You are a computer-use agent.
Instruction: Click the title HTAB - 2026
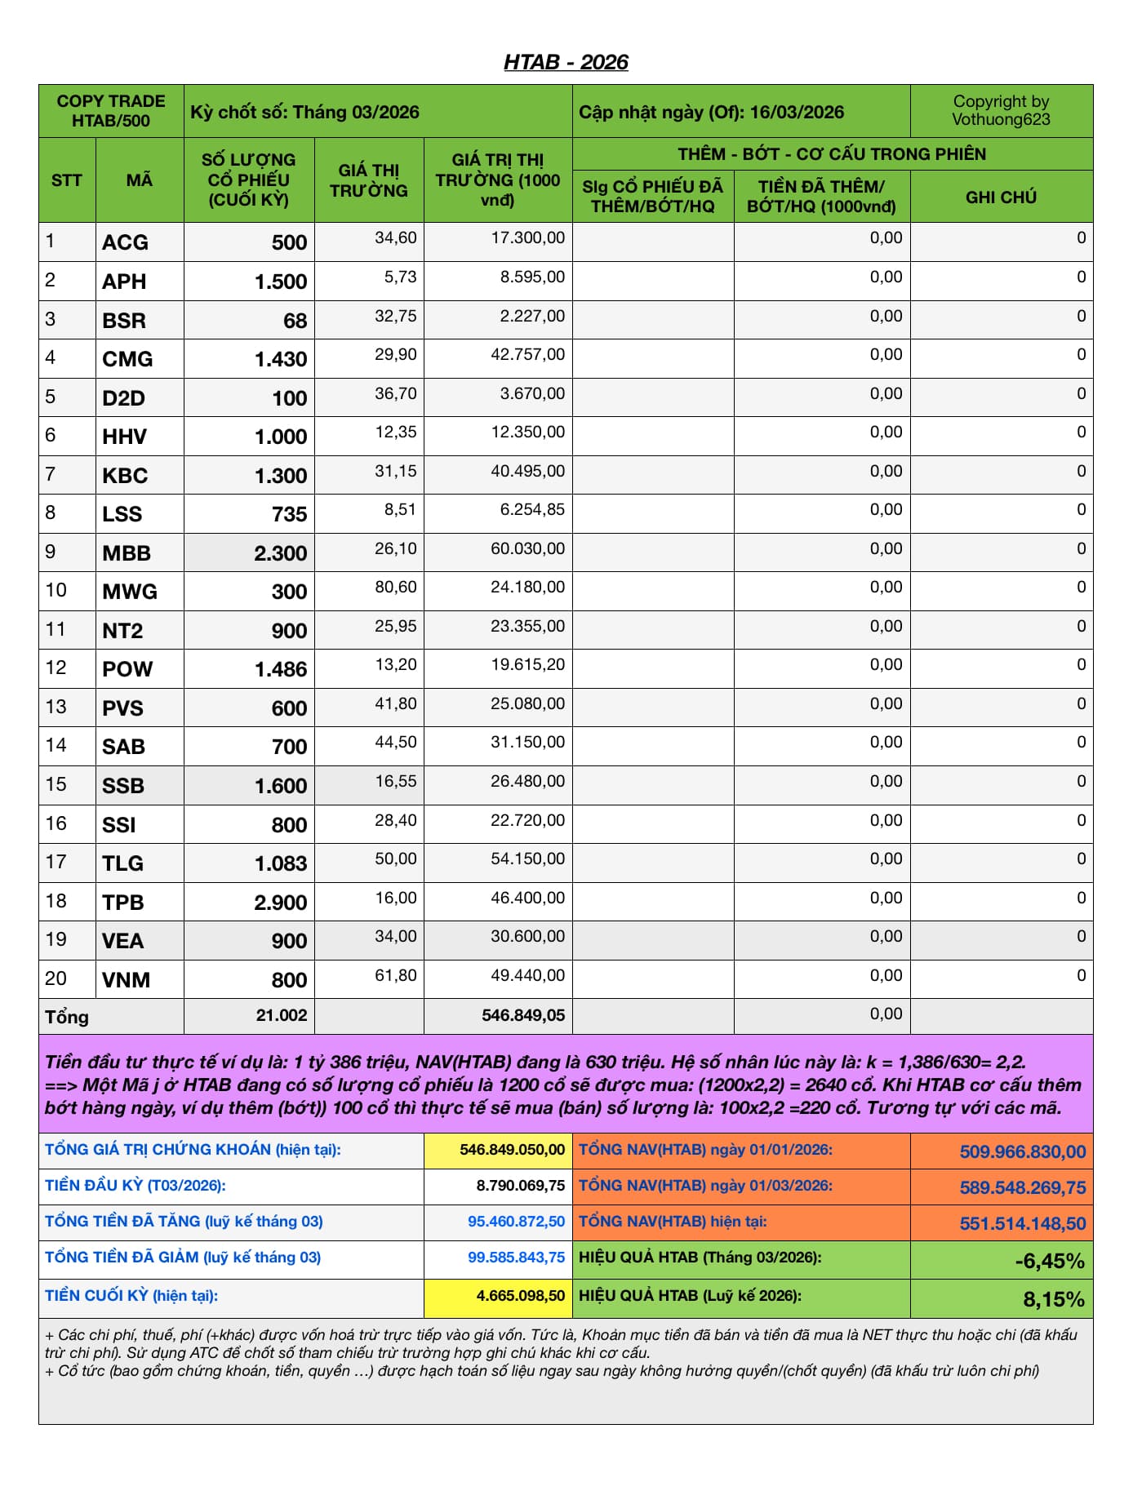(566, 62)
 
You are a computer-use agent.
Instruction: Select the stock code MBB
(127, 553)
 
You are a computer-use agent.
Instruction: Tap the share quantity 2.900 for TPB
(281, 903)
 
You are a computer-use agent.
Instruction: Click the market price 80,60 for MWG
(396, 588)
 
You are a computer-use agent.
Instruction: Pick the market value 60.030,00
(527, 548)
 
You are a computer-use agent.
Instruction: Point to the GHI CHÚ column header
(1001, 197)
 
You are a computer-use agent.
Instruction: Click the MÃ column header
(139, 180)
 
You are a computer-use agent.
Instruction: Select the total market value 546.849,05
(523, 1015)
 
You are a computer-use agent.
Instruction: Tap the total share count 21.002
(282, 1015)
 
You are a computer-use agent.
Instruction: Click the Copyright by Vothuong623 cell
(1001, 111)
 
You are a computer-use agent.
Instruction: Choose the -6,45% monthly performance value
(1050, 1261)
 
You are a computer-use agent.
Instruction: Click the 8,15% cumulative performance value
(1054, 1299)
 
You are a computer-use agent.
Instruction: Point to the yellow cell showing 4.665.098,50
(520, 1296)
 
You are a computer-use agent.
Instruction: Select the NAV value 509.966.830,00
(1023, 1151)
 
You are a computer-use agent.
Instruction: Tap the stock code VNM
(126, 980)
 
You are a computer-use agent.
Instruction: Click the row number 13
(56, 707)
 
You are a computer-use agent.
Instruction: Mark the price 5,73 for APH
(401, 277)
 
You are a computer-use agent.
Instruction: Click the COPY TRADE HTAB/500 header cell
(111, 111)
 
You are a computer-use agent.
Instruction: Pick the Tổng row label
(67, 1017)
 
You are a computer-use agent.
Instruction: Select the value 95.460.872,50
(516, 1222)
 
